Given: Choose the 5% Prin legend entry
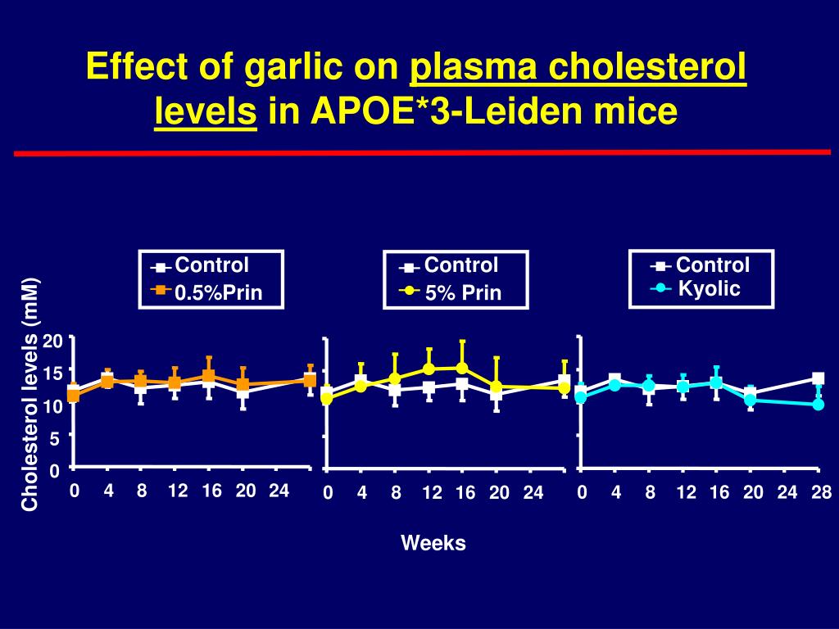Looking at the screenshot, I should tap(463, 293).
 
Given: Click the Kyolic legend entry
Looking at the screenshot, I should tap(709, 289).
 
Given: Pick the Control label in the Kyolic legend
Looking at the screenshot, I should tap(712, 265).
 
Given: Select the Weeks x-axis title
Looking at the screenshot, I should tap(433, 543).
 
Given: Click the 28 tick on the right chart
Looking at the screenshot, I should tap(822, 492).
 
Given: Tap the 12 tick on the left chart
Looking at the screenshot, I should tap(177, 491).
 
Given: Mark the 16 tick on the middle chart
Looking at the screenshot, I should tap(465, 493).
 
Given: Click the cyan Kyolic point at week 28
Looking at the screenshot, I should tap(818, 405).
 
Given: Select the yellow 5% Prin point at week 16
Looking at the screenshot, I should tap(462, 368).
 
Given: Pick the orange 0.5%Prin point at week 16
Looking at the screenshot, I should tap(208, 376).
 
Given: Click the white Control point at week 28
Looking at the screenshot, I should tap(818, 378).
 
